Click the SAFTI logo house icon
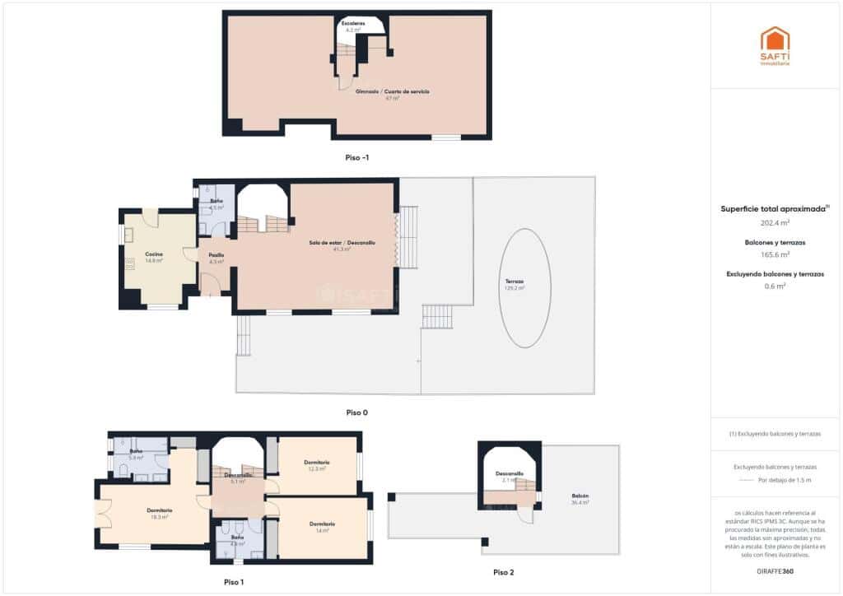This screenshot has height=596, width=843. point(775,40)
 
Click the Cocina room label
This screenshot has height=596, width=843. point(154,254)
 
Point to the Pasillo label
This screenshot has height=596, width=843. point(217,255)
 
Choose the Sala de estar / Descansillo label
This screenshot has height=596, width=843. point(342,243)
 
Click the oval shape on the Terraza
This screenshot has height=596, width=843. point(525,288)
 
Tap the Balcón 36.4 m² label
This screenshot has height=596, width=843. point(580,496)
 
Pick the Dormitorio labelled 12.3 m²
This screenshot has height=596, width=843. point(317,463)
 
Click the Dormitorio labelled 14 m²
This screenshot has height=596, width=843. point(322,525)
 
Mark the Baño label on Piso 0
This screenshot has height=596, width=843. point(216,202)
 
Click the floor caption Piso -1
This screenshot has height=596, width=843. point(357,157)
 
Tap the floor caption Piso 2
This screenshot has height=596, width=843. point(504,572)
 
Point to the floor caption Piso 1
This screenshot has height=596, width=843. point(234,582)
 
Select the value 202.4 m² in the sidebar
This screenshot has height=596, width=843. point(775,222)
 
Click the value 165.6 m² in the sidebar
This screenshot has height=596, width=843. point(775,254)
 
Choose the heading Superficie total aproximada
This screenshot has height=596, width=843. point(774,209)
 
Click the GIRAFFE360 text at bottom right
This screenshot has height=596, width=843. point(775,570)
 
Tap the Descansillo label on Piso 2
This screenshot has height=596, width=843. point(510,473)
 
